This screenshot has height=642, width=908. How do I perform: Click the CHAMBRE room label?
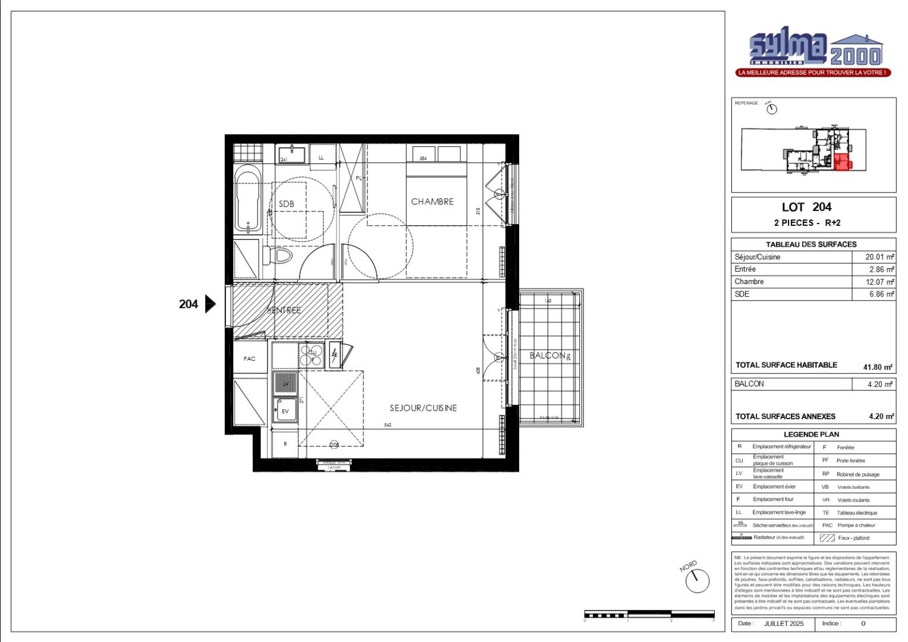[x=432, y=202]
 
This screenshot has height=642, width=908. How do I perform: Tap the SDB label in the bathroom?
[x=287, y=204]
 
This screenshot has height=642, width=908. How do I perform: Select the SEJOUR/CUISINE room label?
[x=423, y=408]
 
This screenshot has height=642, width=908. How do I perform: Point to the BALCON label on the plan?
[x=547, y=355]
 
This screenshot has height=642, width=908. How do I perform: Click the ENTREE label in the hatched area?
[x=285, y=310]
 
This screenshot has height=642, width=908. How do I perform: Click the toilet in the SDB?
[x=281, y=256]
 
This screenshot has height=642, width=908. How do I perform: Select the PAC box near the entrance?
[x=250, y=358]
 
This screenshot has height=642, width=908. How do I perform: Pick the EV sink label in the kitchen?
[x=285, y=411]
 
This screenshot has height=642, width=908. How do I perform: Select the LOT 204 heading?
[x=806, y=207]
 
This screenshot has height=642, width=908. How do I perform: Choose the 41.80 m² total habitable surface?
[x=878, y=367]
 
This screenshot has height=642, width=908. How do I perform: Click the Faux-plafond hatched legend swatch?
[x=827, y=538]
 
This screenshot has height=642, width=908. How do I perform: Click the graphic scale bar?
[x=649, y=613]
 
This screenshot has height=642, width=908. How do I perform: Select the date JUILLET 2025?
[x=783, y=624]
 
